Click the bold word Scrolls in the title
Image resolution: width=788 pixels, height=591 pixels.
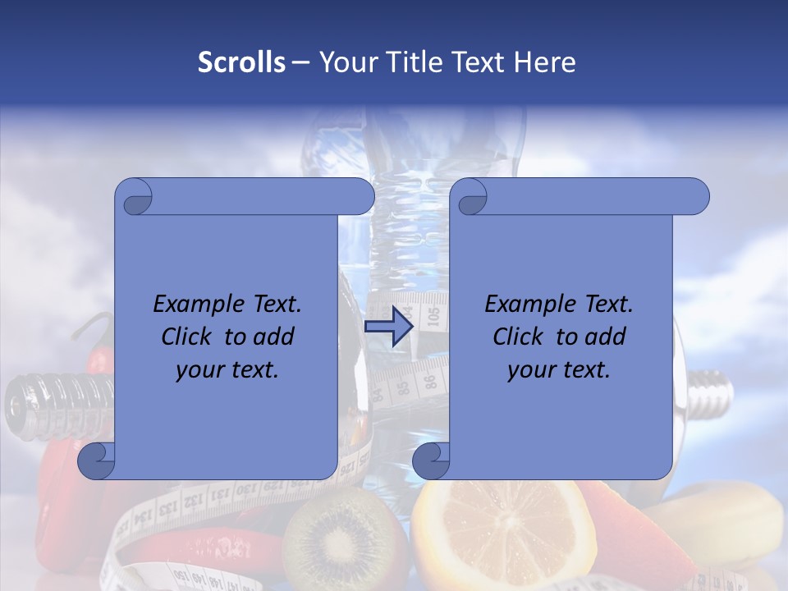(x=242, y=62)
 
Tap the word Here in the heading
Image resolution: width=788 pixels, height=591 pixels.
(x=545, y=62)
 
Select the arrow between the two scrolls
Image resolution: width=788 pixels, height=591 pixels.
(x=388, y=327)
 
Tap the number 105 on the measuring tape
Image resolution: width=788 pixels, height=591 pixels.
(x=434, y=313)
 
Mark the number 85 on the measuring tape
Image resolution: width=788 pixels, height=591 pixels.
(x=401, y=388)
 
